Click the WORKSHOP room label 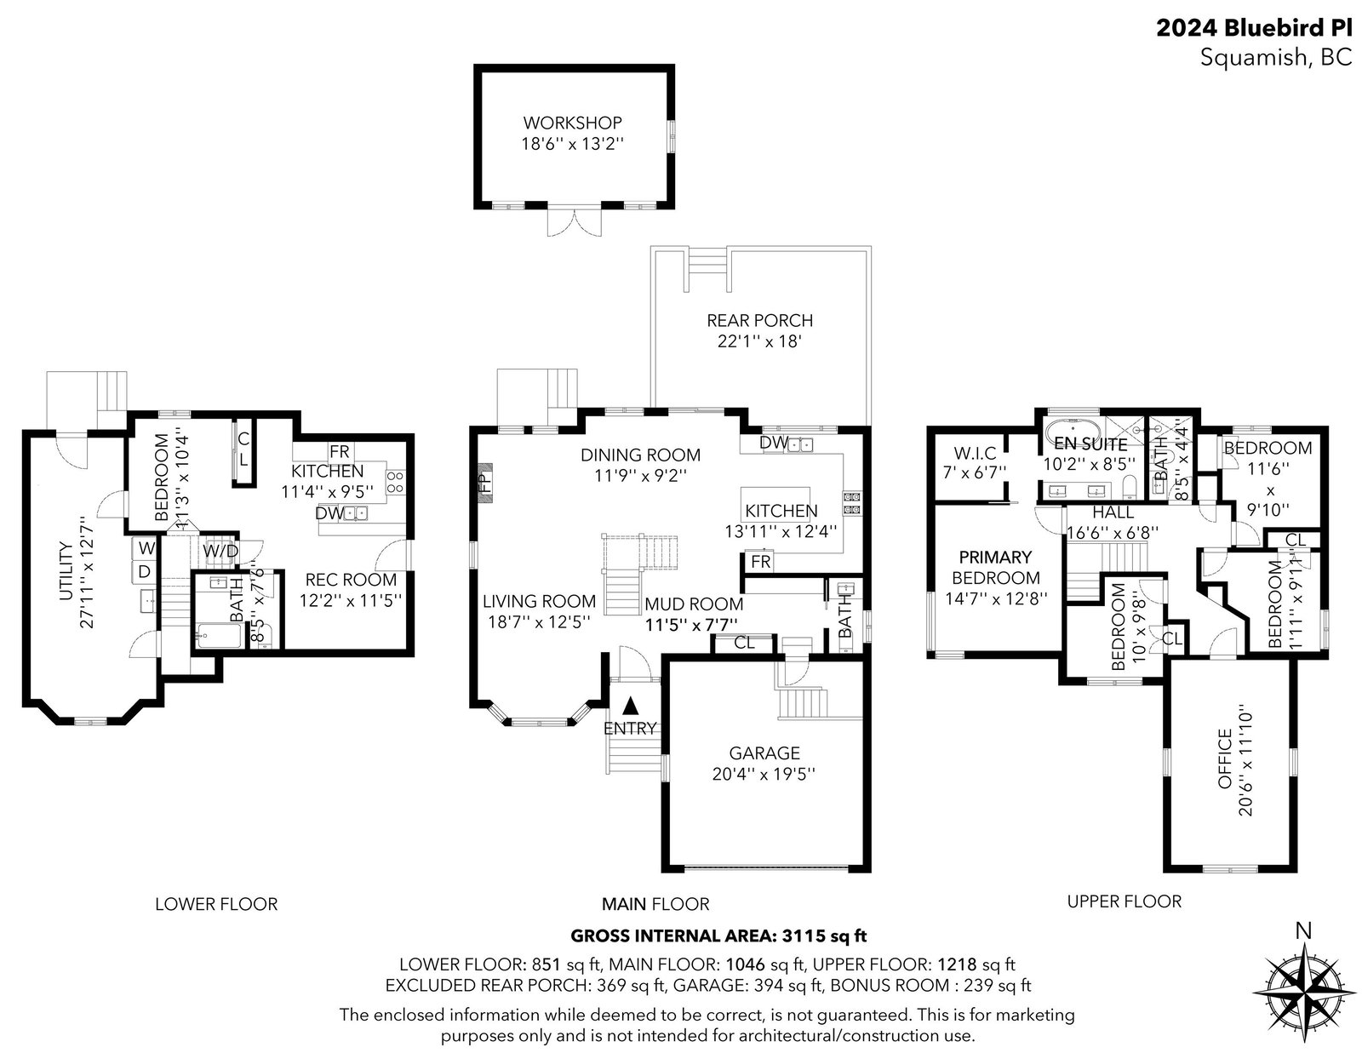pos(572,123)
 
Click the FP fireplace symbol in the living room pos(484,482)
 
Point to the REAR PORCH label pos(759,320)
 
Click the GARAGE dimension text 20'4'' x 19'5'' pos(764,774)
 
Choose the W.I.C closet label pos(975,452)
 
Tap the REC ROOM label pos(351,580)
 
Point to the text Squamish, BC pos(1276,58)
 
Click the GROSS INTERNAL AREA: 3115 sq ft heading pos(718,936)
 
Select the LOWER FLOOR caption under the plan pos(216,904)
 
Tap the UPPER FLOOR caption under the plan pos(1124,901)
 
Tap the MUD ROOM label pos(694,604)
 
